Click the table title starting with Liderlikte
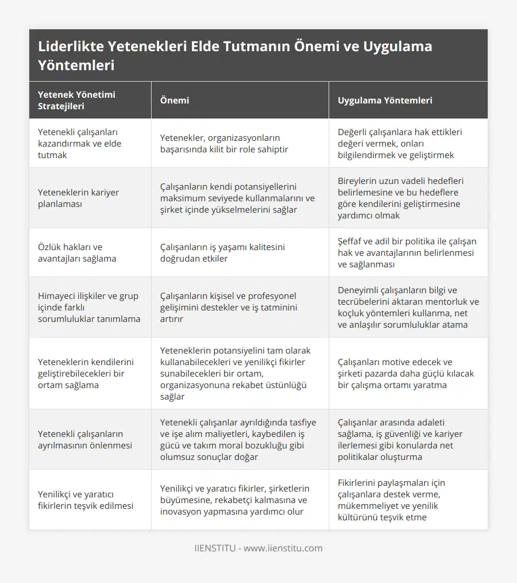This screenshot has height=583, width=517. pos(235,55)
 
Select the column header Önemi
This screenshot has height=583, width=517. pos(175,100)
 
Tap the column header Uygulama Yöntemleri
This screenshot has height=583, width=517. pos(385,100)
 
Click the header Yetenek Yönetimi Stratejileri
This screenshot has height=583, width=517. pos(76,100)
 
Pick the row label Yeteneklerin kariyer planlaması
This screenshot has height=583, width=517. pos(78,198)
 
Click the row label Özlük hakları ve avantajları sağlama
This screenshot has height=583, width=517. pos(77,252)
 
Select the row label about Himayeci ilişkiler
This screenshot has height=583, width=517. pos(89,307)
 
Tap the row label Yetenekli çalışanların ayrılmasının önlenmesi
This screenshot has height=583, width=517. pos(84,439)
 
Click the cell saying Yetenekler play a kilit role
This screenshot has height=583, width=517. pos(224,143)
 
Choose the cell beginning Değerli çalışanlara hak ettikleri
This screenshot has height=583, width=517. pos(400,143)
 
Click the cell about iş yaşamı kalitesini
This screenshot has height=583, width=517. pos(222,252)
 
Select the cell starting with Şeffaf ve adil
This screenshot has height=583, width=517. pos(407,252)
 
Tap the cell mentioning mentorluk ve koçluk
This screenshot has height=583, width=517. pos(408,307)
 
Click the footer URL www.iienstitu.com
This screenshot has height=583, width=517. pos(283,548)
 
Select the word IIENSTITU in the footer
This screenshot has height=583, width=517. pos(215,548)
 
